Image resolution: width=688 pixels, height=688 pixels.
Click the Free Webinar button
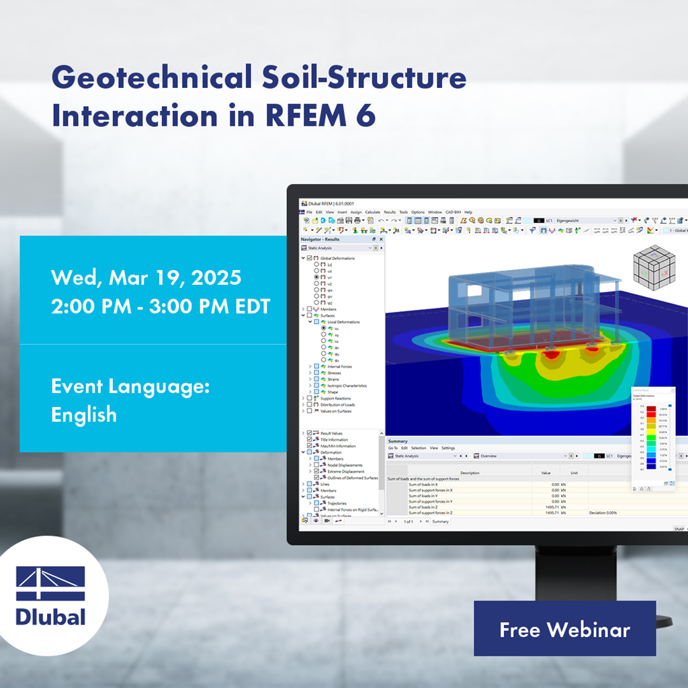tap(564, 630)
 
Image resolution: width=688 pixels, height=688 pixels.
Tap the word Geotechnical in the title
tap(152, 79)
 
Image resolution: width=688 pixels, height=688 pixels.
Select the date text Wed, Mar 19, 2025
tap(146, 277)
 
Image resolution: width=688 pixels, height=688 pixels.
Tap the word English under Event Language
tap(84, 415)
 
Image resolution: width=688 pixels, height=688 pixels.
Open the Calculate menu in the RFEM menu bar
tap(372, 212)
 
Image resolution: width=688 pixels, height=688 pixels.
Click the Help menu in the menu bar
tap(468, 212)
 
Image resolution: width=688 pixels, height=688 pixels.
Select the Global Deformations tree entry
tap(337, 258)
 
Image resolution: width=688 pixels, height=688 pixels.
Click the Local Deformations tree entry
tap(343, 322)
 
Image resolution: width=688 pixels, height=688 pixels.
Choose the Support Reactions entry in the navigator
tap(337, 398)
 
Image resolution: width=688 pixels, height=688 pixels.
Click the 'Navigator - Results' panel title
tap(320, 239)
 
